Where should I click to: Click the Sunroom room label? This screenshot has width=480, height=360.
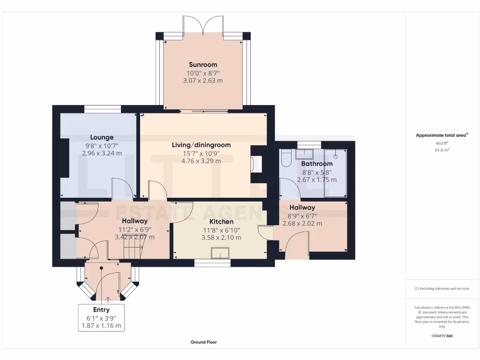[203, 65]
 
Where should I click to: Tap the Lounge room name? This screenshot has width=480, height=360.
[102, 137]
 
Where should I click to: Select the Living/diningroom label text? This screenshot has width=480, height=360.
[201, 145]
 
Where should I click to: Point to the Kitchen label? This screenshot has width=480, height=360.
[221, 222]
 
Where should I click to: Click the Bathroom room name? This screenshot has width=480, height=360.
[317, 164]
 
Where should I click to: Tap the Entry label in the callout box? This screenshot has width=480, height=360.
[101, 310]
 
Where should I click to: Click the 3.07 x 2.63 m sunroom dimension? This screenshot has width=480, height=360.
[203, 81]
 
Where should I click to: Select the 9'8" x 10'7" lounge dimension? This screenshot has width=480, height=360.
[102, 146]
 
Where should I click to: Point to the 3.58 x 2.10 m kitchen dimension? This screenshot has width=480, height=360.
[221, 238]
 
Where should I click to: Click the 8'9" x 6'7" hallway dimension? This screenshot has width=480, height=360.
[302, 216]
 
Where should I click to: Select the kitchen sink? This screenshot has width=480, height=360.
[220, 253]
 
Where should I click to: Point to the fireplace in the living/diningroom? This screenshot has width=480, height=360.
[256, 165]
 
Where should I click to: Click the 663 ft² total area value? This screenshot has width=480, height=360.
[442, 143]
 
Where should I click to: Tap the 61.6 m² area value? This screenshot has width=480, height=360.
[442, 150]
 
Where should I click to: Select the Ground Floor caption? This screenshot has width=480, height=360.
[203, 342]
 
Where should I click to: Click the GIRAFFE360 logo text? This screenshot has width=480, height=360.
[442, 336]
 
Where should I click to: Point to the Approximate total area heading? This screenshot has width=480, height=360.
[442, 135]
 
